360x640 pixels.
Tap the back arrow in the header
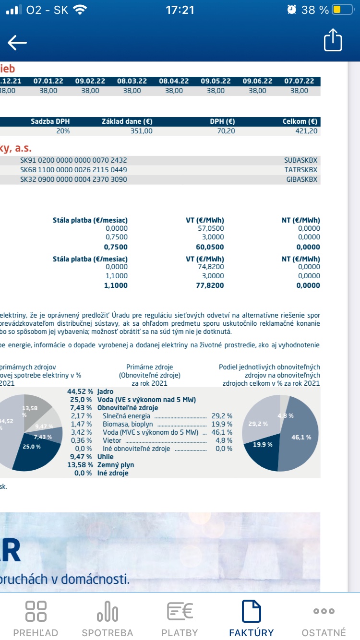(x=17, y=43)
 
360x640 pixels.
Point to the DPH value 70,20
(x=226, y=131)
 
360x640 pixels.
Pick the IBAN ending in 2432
(x=73, y=160)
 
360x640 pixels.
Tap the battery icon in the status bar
(x=342, y=10)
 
